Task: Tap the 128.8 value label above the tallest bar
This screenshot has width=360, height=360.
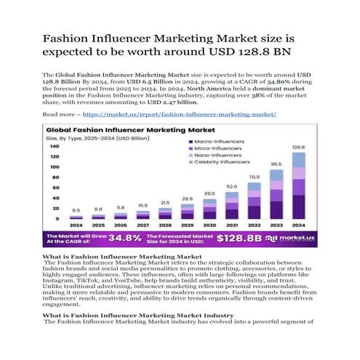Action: click(x=299, y=147)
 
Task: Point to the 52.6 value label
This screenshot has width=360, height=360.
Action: click(x=232, y=186)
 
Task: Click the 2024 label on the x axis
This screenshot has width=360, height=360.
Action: click(x=76, y=225)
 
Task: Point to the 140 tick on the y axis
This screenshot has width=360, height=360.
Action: click(x=55, y=146)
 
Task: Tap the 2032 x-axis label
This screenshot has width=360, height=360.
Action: click(x=255, y=225)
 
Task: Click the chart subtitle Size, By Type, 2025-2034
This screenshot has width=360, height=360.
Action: click(x=95, y=135)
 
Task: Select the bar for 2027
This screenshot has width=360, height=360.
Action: click(x=143, y=215)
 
